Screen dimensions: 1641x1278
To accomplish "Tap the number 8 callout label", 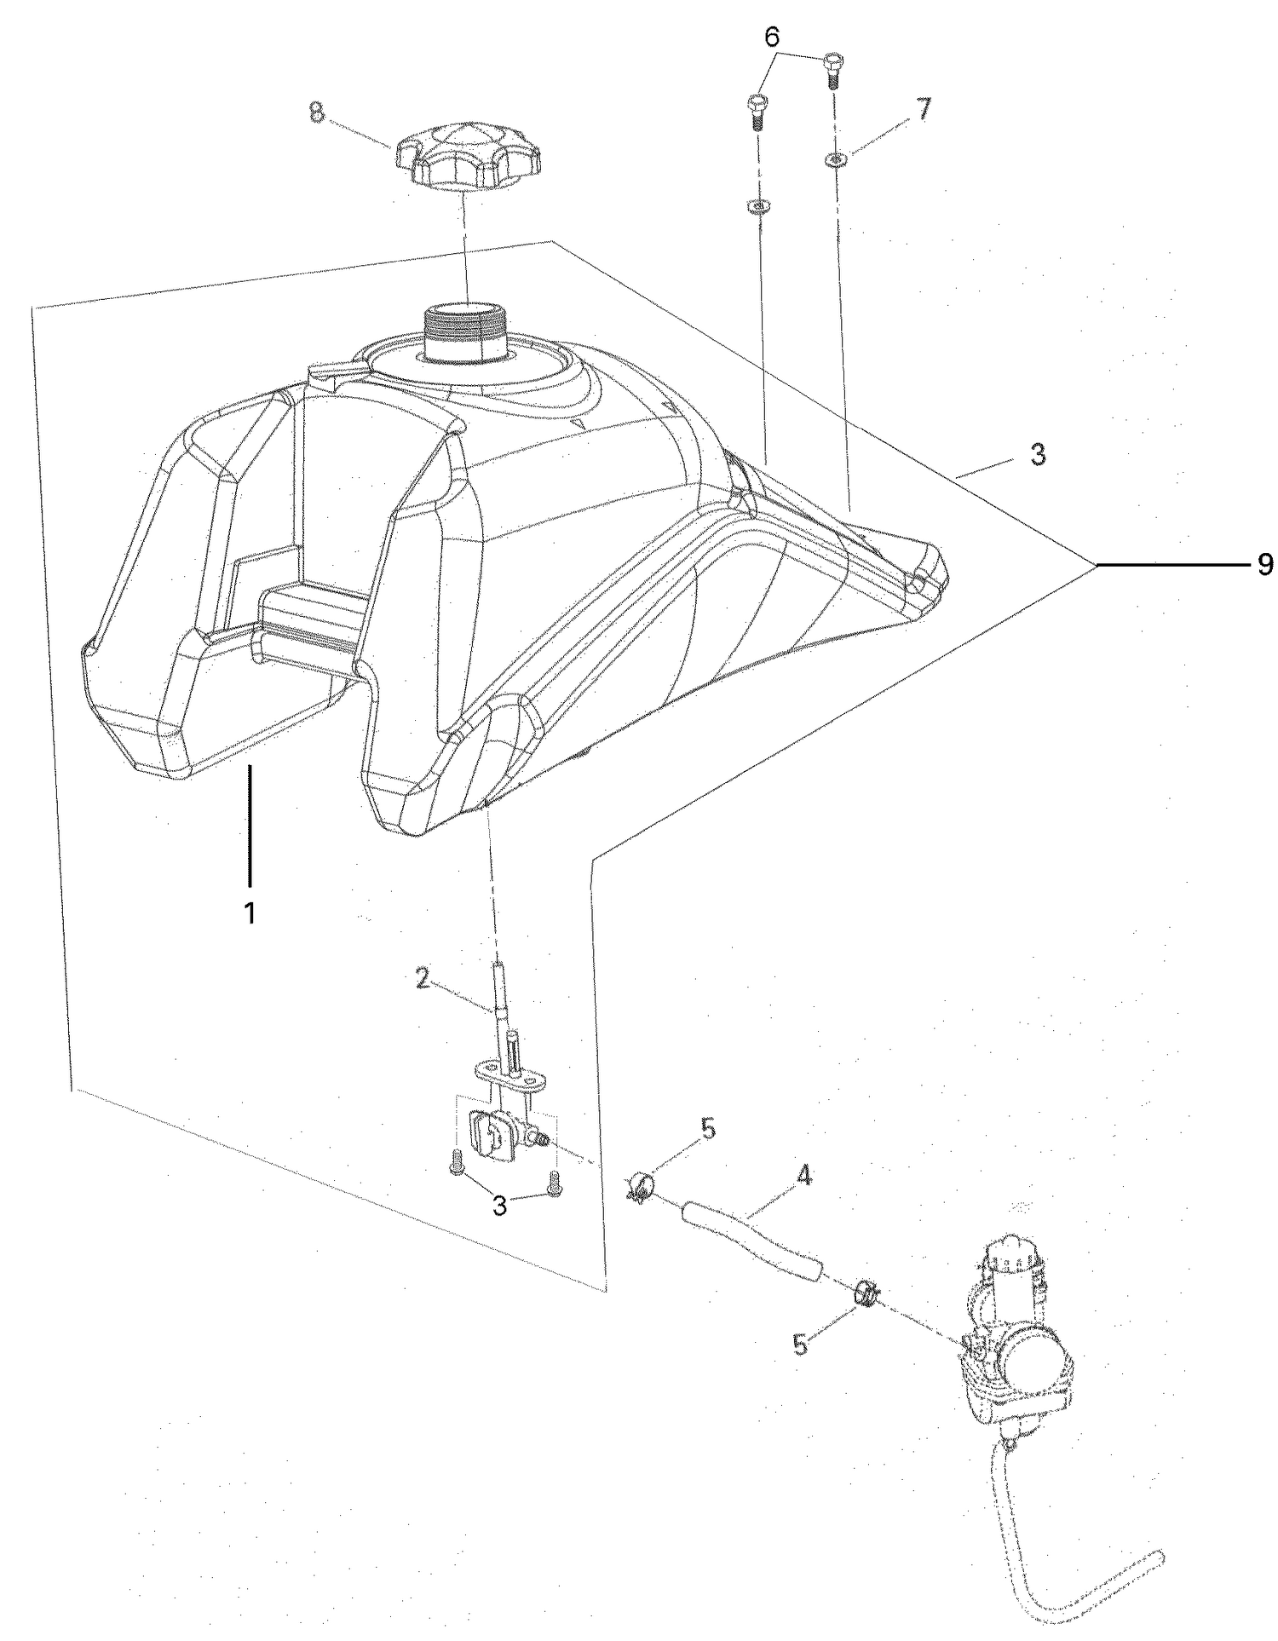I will [x=317, y=113].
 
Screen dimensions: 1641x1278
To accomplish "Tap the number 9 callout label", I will [x=1266, y=564].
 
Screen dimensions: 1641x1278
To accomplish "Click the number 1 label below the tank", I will [x=250, y=913].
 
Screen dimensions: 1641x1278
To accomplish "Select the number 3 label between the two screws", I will [x=500, y=1206].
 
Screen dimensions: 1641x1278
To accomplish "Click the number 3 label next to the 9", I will [x=1037, y=455].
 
